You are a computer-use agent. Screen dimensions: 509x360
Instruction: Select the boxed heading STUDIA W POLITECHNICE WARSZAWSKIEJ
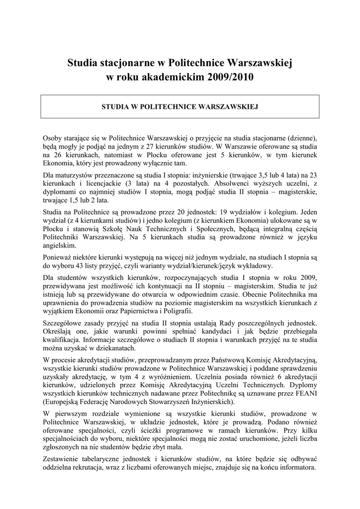click(180, 106)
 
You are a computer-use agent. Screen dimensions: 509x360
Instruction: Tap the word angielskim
click(60, 246)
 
